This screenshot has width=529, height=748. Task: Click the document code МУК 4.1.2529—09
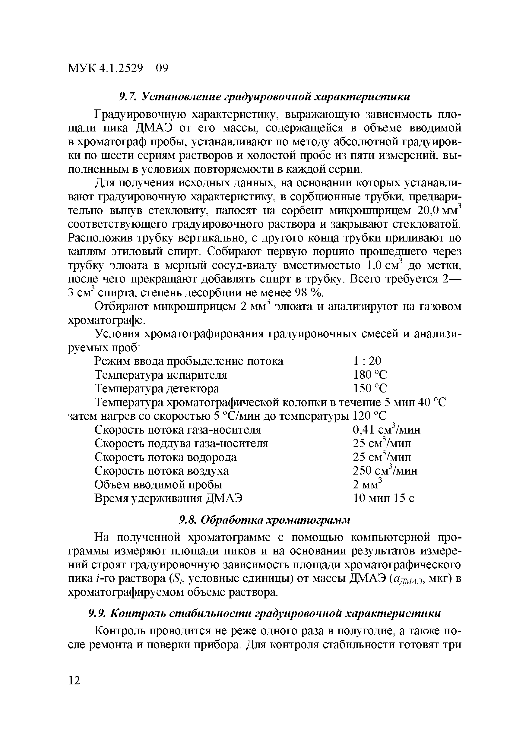pyautogui.click(x=118, y=68)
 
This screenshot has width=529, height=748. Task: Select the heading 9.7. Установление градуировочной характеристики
pyautogui.click(x=264, y=97)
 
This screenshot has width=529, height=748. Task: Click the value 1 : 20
pyautogui.click(x=367, y=361)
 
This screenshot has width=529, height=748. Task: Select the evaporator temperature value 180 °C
pyautogui.click(x=370, y=375)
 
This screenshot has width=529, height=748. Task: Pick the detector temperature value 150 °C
pyautogui.click(x=370, y=389)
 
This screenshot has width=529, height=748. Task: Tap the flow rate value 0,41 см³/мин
pyautogui.click(x=387, y=430)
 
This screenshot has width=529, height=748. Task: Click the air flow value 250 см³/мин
pyautogui.click(x=385, y=471)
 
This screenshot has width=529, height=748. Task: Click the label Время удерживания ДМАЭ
pyautogui.click(x=169, y=498)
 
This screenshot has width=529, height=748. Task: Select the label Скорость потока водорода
pyautogui.click(x=166, y=457)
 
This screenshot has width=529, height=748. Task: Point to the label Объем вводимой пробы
pyautogui.click(x=158, y=485)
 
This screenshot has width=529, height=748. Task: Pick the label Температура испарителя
pyautogui.click(x=161, y=375)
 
